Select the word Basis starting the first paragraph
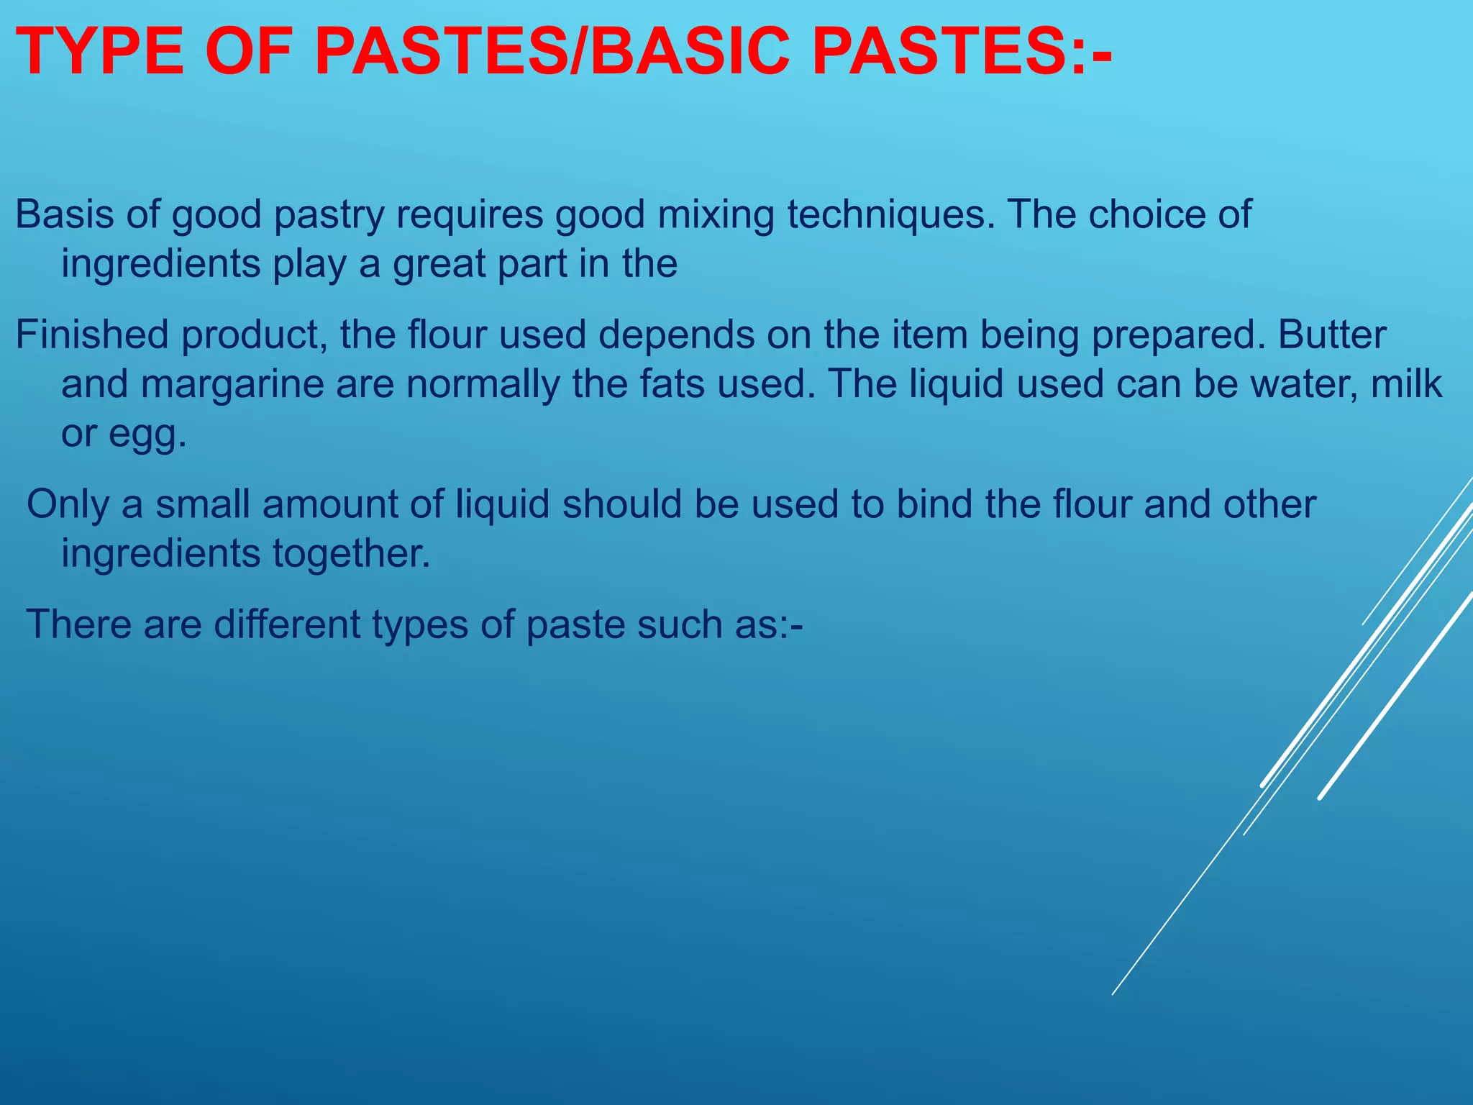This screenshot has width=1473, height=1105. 64,214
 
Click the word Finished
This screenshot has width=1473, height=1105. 91,335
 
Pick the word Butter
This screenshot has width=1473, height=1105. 1332,335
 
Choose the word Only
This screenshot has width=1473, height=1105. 67,504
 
